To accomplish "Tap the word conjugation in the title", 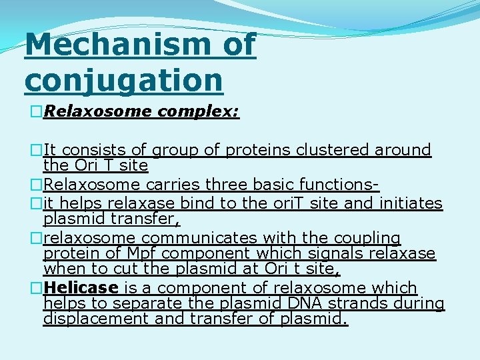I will pos(123,79).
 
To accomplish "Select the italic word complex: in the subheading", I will pos(198,111).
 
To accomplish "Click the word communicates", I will pos(189,238).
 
